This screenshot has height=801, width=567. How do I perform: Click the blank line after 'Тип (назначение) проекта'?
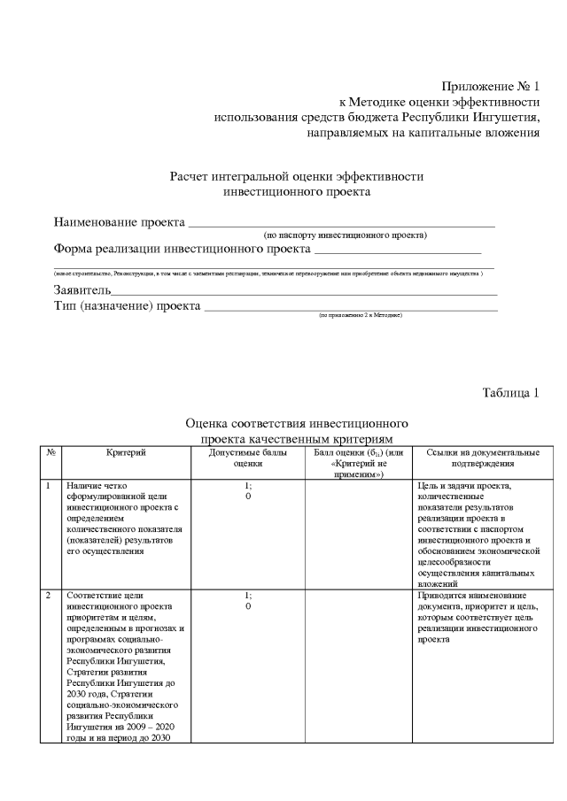click(x=351, y=308)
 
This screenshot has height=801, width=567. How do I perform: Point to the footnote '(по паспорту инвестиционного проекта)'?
click(x=346, y=235)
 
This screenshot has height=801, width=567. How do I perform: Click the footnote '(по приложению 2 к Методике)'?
click(x=361, y=315)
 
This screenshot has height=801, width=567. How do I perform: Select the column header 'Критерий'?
click(x=126, y=452)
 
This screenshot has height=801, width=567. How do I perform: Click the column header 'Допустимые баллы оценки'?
click(x=248, y=458)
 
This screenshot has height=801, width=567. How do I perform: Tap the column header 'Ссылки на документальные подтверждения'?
click(x=476, y=458)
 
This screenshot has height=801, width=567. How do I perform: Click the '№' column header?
click(x=52, y=452)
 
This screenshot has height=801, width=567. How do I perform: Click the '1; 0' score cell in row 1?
click(x=248, y=491)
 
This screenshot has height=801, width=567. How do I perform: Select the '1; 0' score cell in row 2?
click(x=248, y=601)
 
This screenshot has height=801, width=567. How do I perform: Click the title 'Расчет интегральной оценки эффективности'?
click(x=297, y=176)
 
